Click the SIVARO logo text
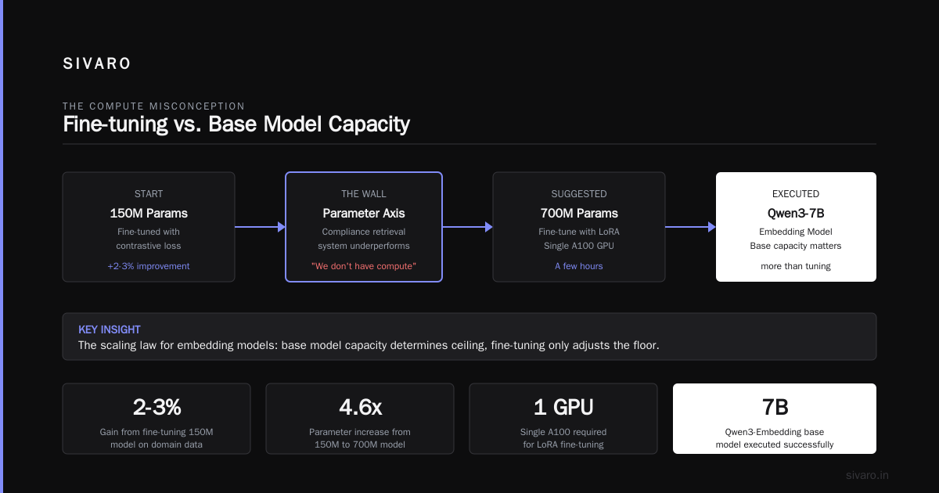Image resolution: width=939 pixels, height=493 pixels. coord(97,63)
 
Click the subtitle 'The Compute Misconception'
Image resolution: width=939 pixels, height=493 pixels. coord(154,106)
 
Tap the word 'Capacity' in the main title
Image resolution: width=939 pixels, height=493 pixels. coord(369,124)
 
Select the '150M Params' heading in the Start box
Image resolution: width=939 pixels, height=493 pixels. coord(149,214)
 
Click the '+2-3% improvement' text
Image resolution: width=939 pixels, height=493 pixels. coord(149,266)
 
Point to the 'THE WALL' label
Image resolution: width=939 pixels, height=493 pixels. coord(363,194)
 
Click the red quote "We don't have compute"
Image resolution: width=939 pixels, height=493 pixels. coord(363,266)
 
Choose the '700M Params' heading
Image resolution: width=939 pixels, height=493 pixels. coord(579,214)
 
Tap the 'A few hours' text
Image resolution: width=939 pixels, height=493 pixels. coord(579,266)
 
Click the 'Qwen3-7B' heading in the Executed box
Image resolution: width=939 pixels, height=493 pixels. coord(796,214)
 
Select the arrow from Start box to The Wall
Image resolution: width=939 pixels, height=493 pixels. coord(260,227)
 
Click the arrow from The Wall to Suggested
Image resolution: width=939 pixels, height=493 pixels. coord(468,227)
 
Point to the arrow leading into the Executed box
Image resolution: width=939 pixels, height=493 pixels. coord(690,227)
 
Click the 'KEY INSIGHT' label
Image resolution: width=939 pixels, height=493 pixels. coord(110,329)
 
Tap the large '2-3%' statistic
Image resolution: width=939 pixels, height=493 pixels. coord(156,407)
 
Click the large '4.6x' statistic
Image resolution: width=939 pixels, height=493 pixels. coord(360,407)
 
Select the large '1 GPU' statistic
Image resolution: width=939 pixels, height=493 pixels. coord(563,407)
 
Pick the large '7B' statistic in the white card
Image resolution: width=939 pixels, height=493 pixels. coord(775,407)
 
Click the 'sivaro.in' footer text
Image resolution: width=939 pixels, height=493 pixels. coord(867,475)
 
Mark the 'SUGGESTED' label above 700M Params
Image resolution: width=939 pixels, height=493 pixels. coord(579,194)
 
